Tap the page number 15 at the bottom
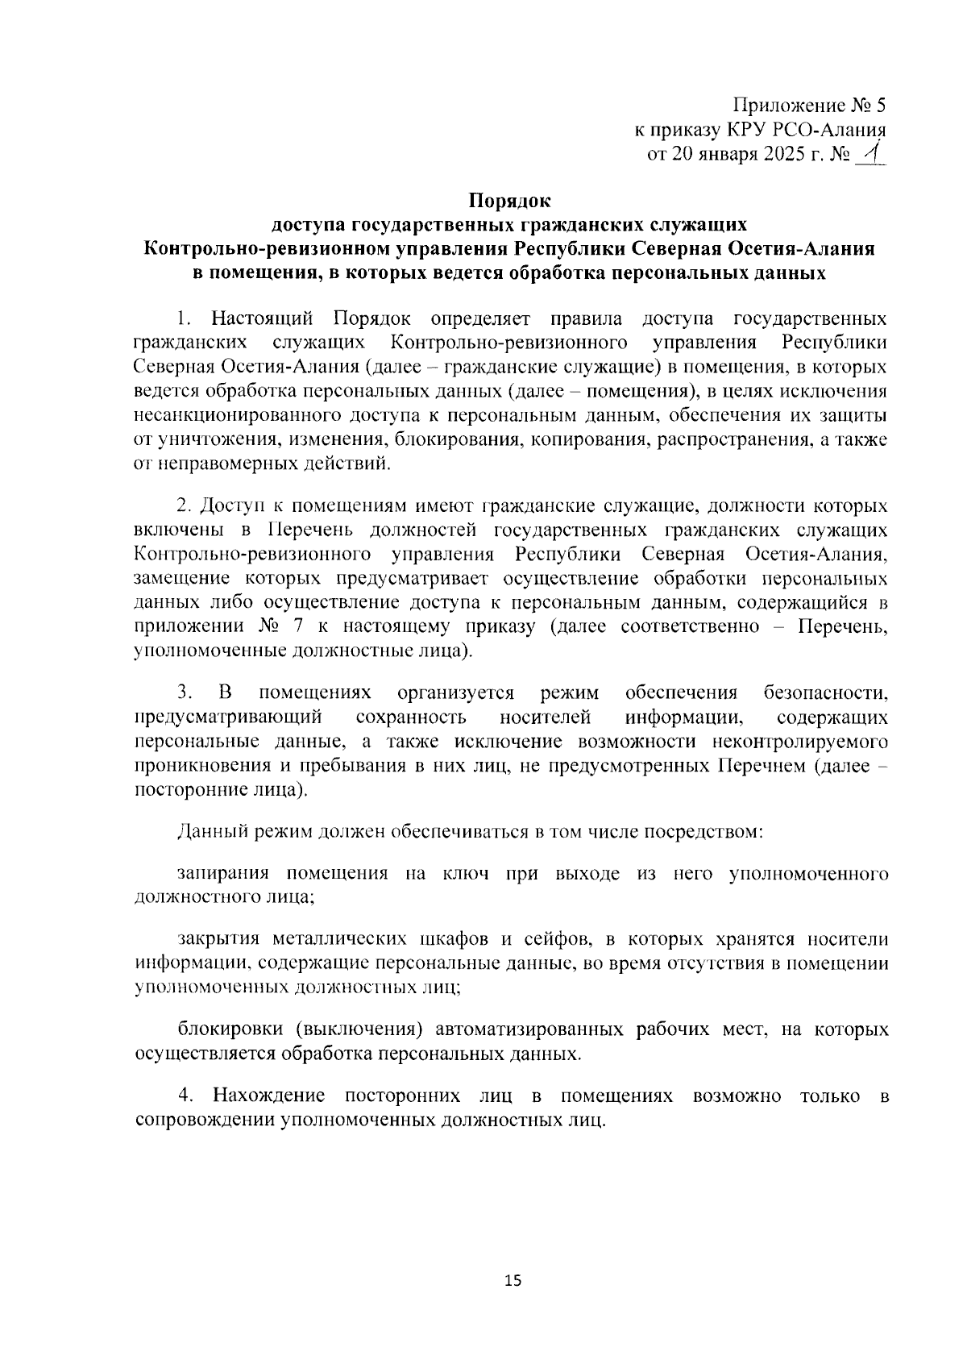point(513,1280)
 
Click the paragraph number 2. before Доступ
point(185,506)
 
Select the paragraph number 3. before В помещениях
point(185,692)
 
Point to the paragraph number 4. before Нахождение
point(185,1096)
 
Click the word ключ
point(466,874)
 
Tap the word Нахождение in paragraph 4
point(268,1096)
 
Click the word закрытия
point(218,939)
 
